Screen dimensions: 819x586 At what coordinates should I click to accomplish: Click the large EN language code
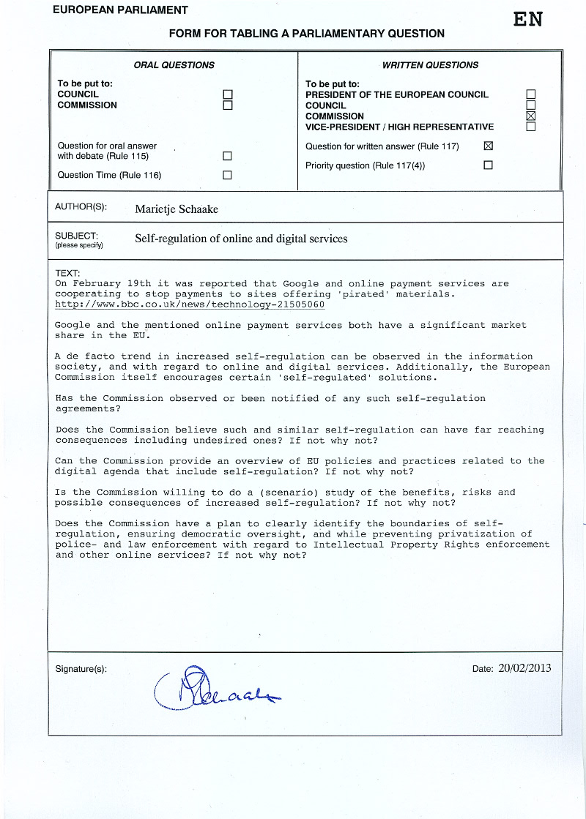(x=527, y=20)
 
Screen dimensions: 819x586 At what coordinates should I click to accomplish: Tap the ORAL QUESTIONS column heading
(x=174, y=65)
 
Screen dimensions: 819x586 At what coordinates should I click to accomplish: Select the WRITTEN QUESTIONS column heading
(x=430, y=65)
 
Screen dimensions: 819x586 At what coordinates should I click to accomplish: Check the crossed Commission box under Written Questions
(x=531, y=116)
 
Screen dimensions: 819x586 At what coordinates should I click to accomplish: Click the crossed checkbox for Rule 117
(x=489, y=146)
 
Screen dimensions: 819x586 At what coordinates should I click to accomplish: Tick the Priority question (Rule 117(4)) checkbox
(x=489, y=165)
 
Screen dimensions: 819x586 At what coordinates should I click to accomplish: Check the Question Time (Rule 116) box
(x=227, y=175)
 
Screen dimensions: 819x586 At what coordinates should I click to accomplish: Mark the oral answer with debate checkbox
(x=227, y=156)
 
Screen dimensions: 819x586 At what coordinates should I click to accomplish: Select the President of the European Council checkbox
(x=531, y=94)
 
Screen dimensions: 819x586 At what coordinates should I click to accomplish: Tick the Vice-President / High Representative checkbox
(x=531, y=127)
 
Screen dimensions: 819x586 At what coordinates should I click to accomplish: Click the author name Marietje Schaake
(x=177, y=209)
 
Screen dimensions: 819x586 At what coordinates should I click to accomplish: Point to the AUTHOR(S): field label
(x=81, y=207)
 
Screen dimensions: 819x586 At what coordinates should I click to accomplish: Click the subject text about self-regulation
(x=241, y=239)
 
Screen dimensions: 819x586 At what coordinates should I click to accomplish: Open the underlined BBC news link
(x=190, y=304)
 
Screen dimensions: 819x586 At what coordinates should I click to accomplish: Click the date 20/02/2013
(x=524, y=668)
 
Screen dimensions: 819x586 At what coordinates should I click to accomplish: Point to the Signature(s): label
(x=81, y=669)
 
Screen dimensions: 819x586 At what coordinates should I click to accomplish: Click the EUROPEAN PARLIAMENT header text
(x=121, y=10)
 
